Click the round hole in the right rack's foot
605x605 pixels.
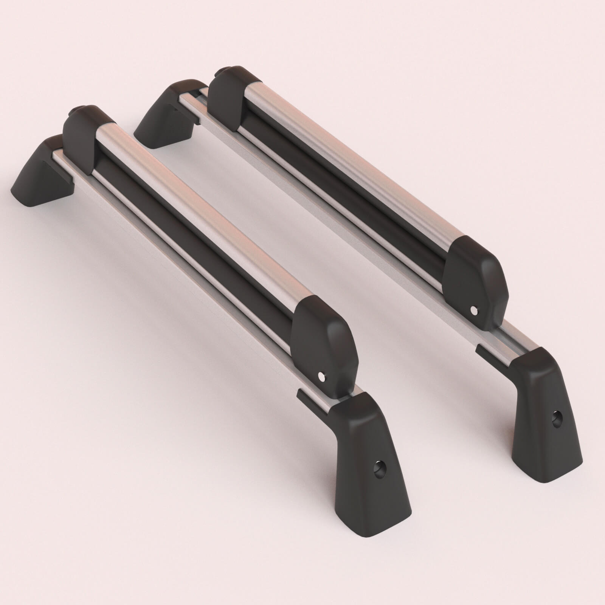pyautogui.click(x=556, y=418)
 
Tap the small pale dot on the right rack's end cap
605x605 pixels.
pyautogui.click(x=473, y=310)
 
